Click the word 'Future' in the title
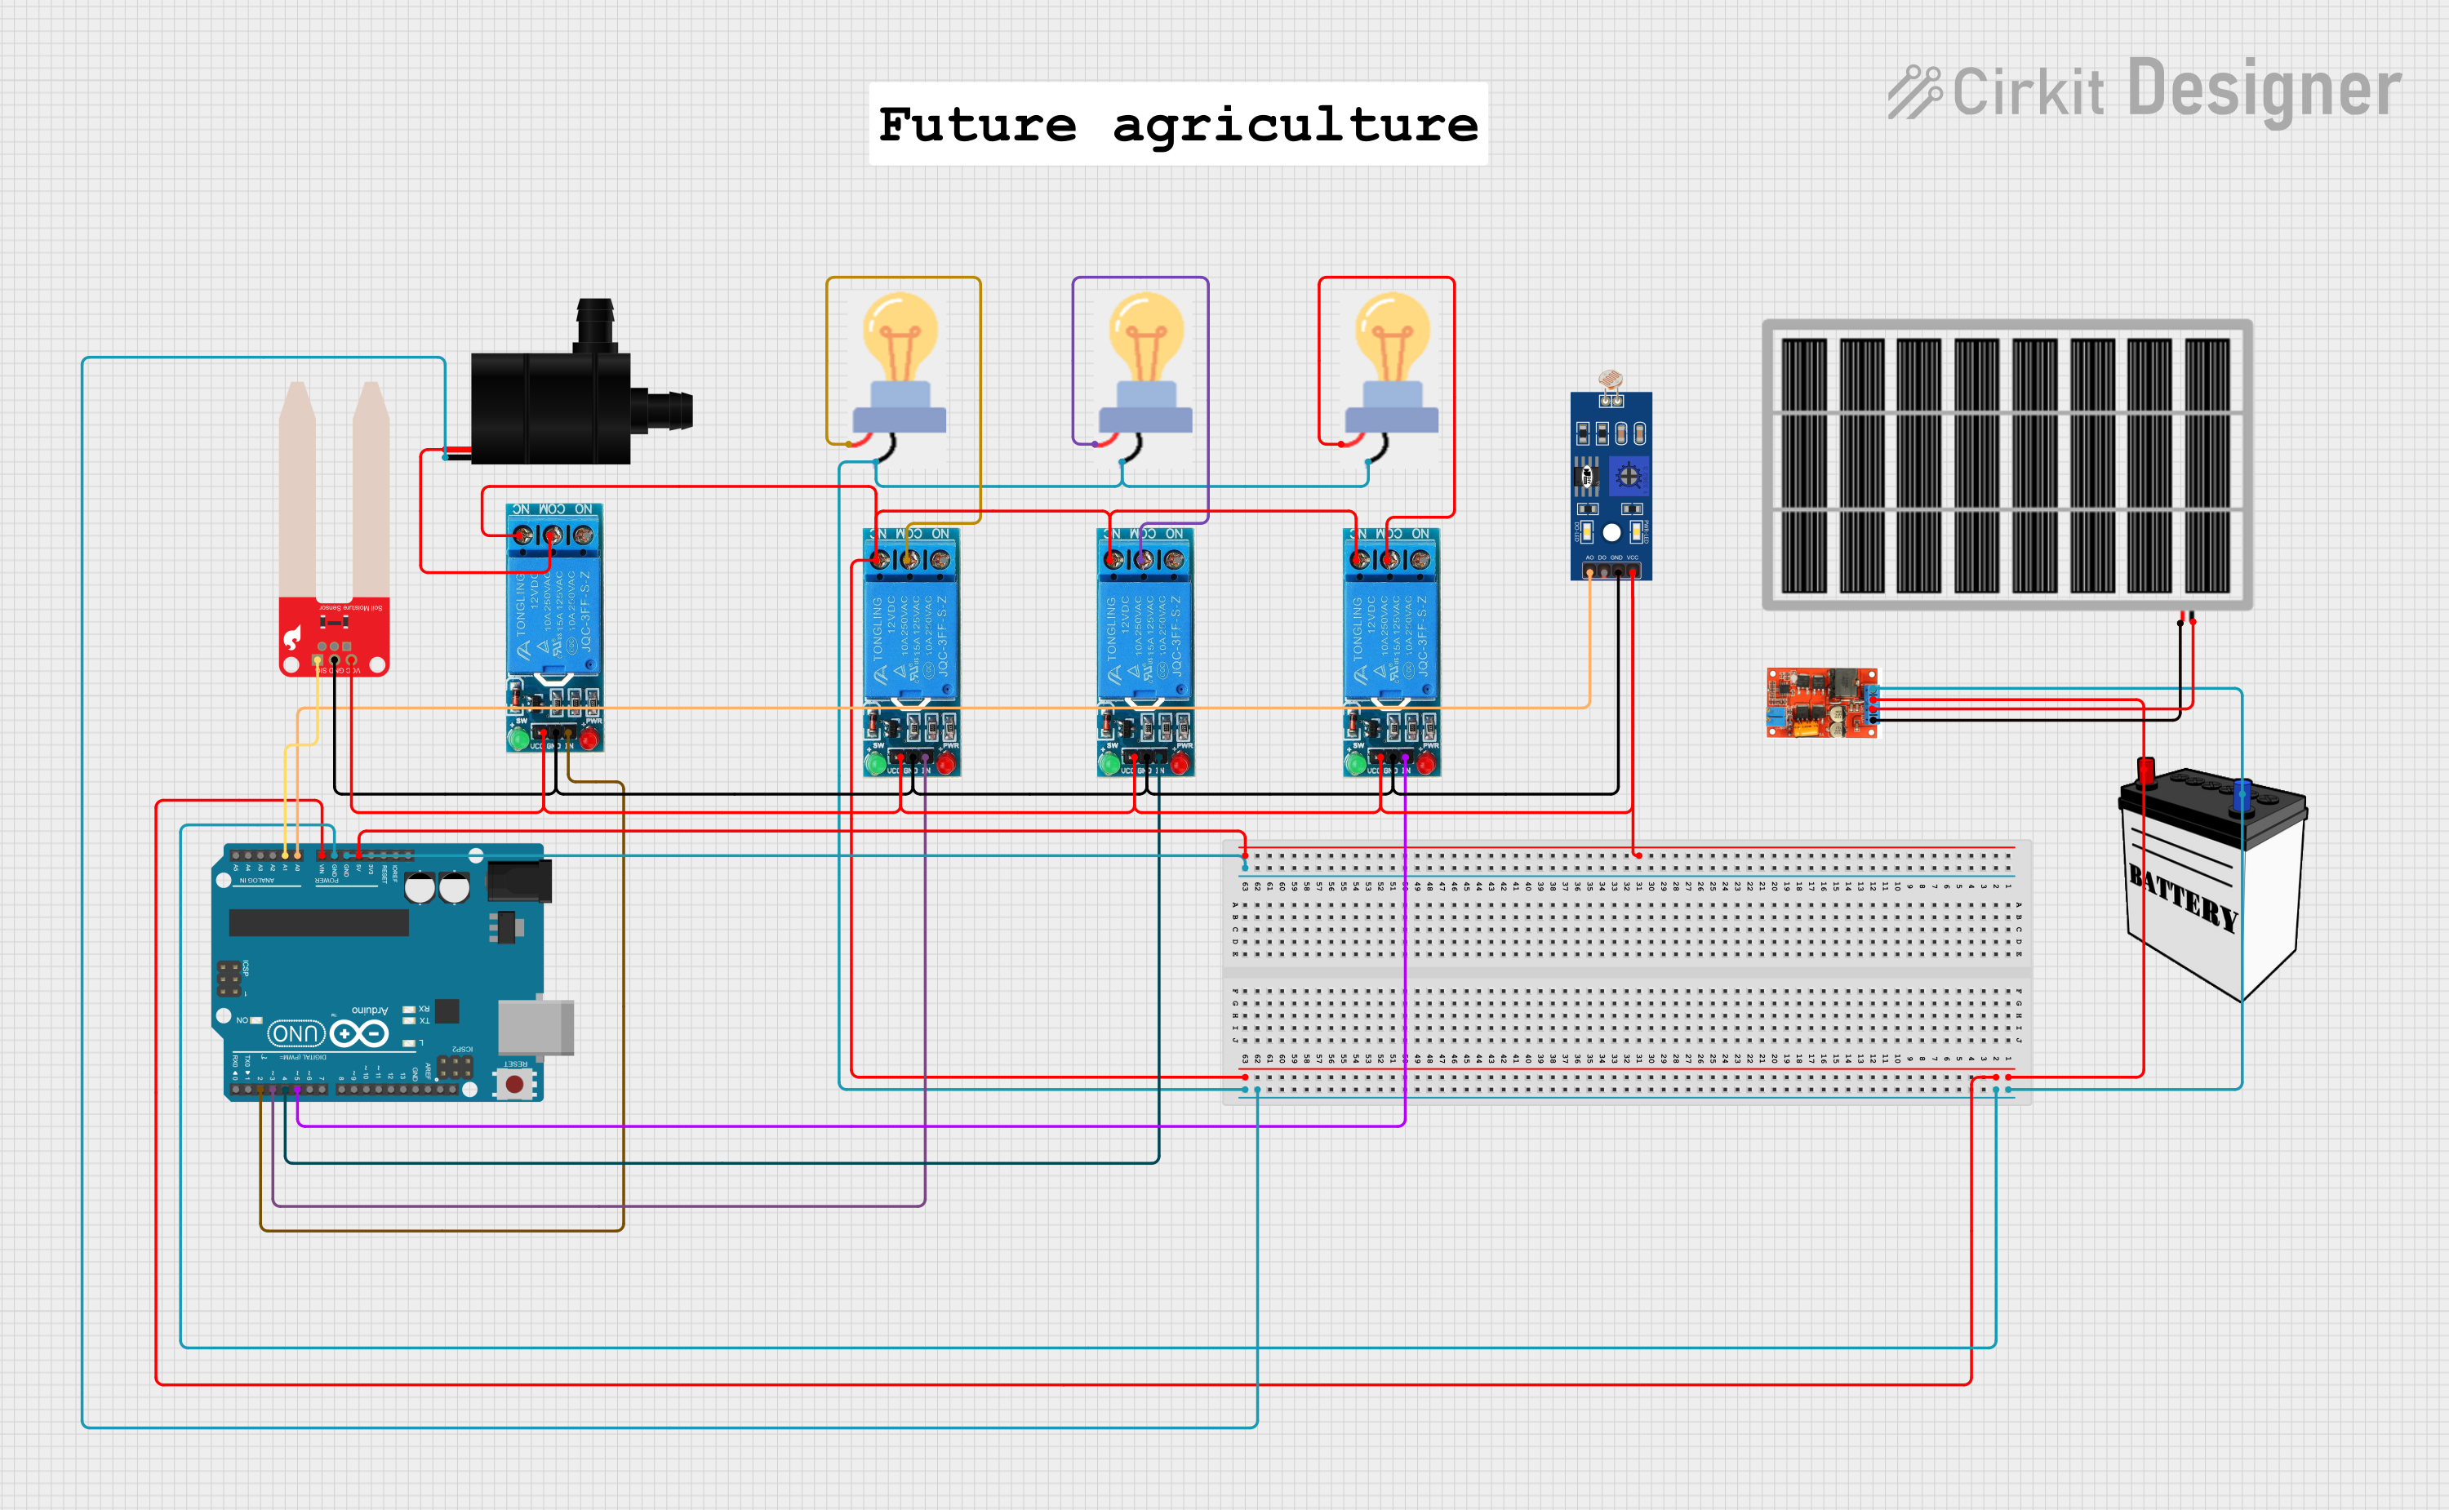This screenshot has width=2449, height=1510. [977, 125]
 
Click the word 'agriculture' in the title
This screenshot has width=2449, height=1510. [1295, 125]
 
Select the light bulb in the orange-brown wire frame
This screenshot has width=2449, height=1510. [899, 365]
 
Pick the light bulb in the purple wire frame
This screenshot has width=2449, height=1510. [1144, 365]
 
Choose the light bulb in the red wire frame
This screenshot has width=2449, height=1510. [1391, 365]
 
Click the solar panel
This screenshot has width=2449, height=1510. [2007, 464]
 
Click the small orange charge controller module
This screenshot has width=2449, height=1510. [1820, 703]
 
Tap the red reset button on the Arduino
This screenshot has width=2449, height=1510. [514, 1084]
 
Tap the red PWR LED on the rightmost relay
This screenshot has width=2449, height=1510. [1425, 766]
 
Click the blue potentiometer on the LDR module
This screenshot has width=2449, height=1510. [1628, 475]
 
